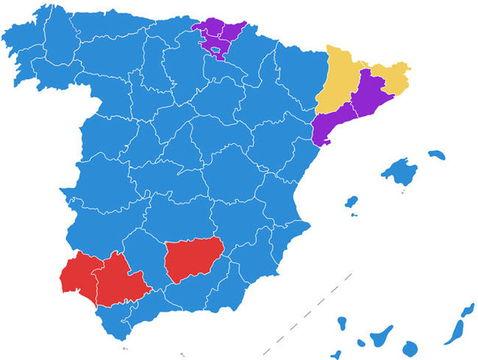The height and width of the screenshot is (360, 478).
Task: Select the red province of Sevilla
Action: click(116, 281)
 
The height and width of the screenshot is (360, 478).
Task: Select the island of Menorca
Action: click(436, 155)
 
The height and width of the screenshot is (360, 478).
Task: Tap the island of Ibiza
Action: click(350, 202)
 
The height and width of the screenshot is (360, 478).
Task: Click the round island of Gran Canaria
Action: click(410, 348)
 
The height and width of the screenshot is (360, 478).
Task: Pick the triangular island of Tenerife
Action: click(381, 336)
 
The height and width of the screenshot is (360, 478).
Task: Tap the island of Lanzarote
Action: click(468, 310)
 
